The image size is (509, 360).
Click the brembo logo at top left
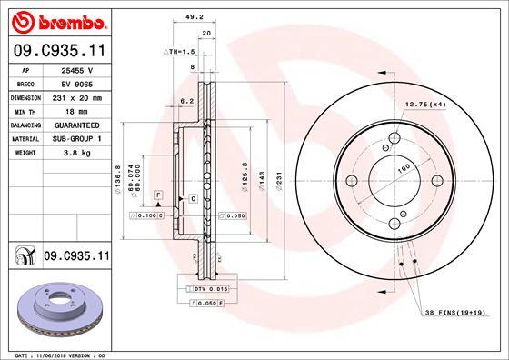tap(56, 19)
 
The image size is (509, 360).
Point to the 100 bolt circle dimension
tap(401, 165)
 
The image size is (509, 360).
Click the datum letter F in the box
tap(157, 196)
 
